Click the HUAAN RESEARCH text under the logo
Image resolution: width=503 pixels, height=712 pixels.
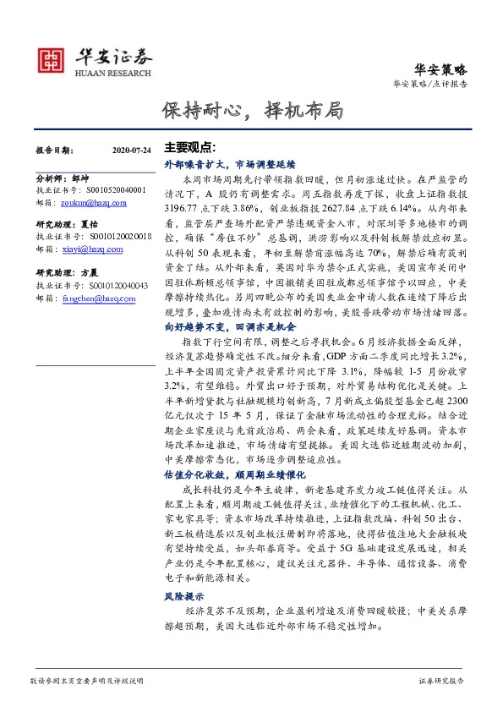pyautogui.click(x=103, y=73)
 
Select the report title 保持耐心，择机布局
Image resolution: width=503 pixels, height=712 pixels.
pyautogui.click(x=253, y=110)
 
